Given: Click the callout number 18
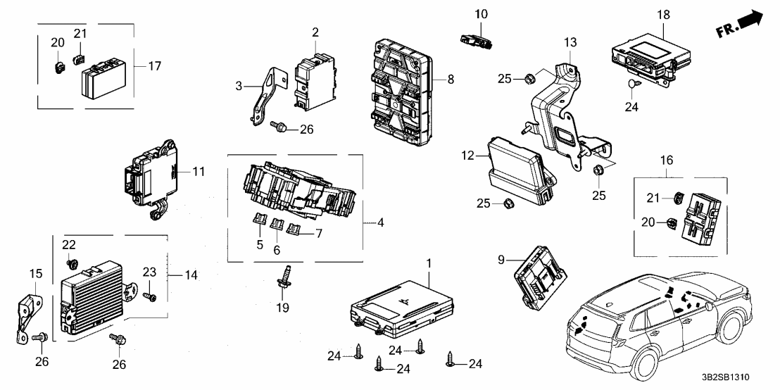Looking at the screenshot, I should pyautogui.click(x=663, y=14).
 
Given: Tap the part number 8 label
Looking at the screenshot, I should pyautogui.click(x=451, y=79).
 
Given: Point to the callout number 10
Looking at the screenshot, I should pyautogui.click(x=481, y=14).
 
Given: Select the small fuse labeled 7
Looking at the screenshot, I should pyautogui.click(x=294, y=228).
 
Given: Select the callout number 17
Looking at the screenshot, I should pyautogui.click(x=154, y=66).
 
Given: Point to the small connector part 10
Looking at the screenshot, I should pyautogui.click(x=474, y=39).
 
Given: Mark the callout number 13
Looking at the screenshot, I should pyautogui.click(x=569, y=43).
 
